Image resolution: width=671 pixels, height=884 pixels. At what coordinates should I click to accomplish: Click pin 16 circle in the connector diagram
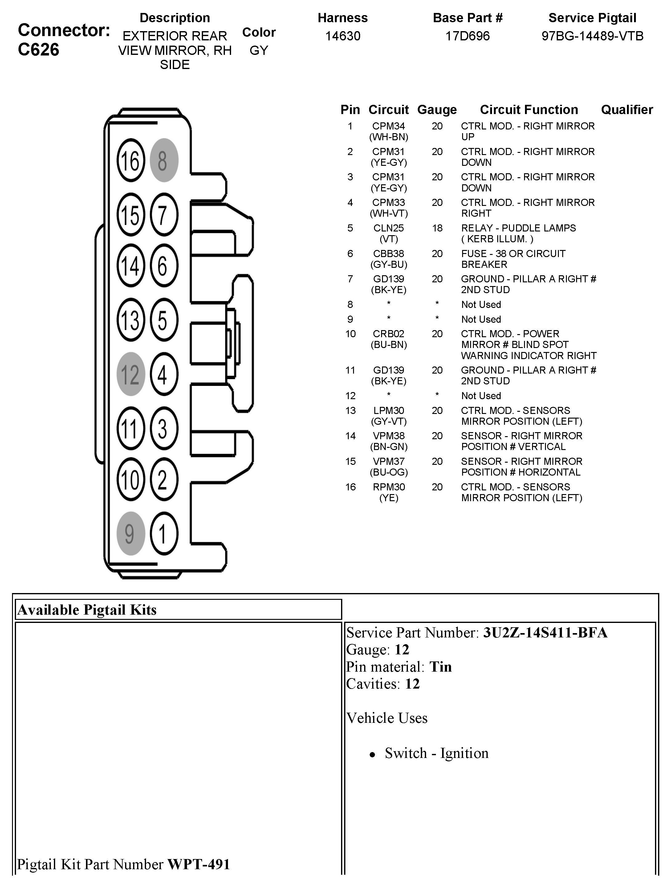click(x=131, y=160)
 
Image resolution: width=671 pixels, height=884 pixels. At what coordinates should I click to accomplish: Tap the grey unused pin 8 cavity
click(x=164, y=160)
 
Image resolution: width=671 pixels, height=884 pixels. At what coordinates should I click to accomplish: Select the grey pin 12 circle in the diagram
click(x=131, y=374)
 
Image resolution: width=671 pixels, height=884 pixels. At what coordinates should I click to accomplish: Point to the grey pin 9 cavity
click(x=131, y=534)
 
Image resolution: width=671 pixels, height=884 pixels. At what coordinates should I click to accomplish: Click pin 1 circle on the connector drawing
click(x=164, y=534)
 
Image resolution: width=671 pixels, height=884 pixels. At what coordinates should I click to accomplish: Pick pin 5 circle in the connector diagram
click(x=164, y=320)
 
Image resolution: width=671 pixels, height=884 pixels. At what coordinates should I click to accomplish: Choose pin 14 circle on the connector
click(x=131, y=266)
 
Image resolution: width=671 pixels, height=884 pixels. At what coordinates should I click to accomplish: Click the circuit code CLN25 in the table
click(x=388, y=228)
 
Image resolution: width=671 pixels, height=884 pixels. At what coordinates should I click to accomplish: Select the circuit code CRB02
click(x=388, y=334)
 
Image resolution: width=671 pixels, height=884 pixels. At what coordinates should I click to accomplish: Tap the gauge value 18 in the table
click(x=437, y=228)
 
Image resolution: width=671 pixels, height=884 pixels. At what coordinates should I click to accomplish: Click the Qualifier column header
click(x=627, y=109)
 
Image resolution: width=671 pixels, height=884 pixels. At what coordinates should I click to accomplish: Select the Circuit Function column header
click(x=529, y=109)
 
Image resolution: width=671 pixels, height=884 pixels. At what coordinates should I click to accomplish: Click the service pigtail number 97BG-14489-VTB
click(x=592, y=36)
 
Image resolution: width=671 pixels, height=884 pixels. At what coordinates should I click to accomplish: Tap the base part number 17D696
click(x=467, y=36)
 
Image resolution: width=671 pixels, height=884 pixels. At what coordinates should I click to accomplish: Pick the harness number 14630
click(x=343, y=36)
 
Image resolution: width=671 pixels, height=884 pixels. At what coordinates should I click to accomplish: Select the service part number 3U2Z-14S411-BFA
click(x=545, y=632)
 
